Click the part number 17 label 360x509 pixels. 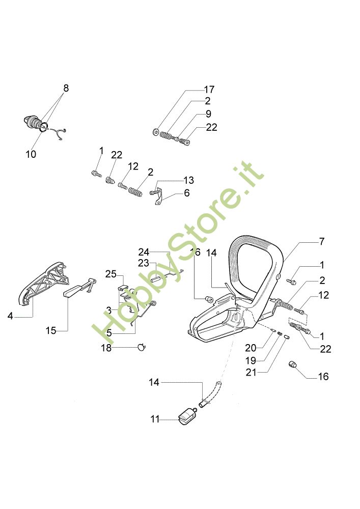point(209,90)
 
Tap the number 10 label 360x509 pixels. point(31,154)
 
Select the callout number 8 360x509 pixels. point(66,88)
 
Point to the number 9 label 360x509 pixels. point(209,114)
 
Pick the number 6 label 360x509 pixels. point(187,193)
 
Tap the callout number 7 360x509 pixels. point(321,241)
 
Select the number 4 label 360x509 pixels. point(10,316)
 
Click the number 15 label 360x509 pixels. point(50,330)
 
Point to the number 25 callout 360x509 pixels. point(111,274)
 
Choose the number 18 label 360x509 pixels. point(106,348)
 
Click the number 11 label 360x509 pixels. point(155,419)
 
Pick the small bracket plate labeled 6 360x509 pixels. point(160,197)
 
